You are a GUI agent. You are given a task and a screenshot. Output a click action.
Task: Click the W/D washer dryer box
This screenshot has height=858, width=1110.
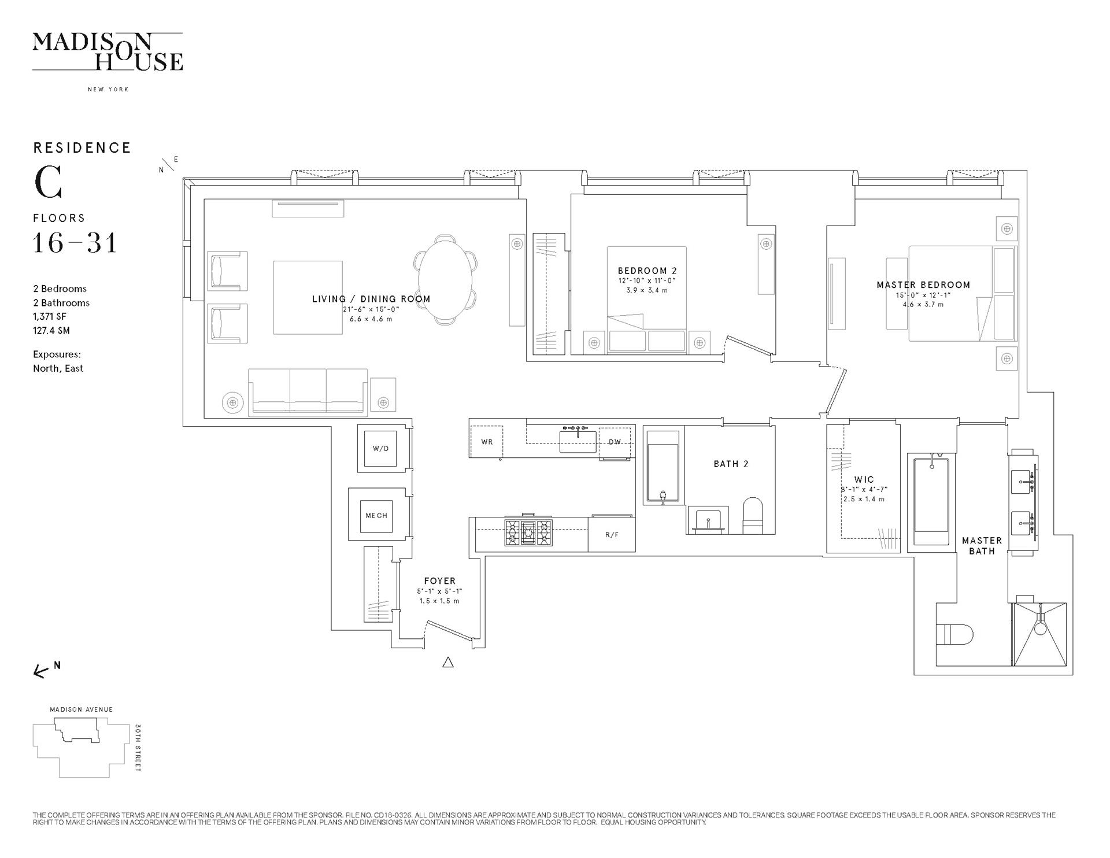[x=380, y=448]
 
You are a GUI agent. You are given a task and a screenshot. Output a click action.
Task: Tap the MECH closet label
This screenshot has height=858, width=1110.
[x=376, y=516]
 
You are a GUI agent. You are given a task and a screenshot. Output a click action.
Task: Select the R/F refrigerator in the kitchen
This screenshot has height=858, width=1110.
[x=612, y=534]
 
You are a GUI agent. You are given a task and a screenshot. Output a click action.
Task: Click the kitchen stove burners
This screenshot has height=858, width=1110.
[x=528, y=532]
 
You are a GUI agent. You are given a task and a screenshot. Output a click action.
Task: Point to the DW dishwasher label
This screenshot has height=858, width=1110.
[x=615, y=442]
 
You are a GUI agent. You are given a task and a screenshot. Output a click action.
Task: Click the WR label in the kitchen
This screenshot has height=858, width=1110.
[x=487, y=442]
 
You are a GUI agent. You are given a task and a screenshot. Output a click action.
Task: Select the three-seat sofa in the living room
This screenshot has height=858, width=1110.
[x=308, y=392]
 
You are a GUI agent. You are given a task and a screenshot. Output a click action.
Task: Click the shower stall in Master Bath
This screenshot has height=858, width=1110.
[x=1040, y=634]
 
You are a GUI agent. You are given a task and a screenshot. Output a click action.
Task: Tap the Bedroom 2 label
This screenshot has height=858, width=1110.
[x=647, y=271]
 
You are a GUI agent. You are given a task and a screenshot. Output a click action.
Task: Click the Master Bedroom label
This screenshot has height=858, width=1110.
[x=923, y=285]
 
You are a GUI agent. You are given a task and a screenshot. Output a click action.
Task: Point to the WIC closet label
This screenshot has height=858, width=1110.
[x=864, y=479]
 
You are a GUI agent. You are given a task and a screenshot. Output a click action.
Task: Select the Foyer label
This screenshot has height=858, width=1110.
[x=439, y=581]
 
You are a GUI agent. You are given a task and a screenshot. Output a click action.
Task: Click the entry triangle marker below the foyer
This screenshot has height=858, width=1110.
[x=447, y=663]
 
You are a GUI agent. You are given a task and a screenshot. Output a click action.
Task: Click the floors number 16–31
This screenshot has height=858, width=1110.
[x=75, y=242]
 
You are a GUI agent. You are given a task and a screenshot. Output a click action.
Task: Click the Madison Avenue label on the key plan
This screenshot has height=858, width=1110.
[x=82, y=709]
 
